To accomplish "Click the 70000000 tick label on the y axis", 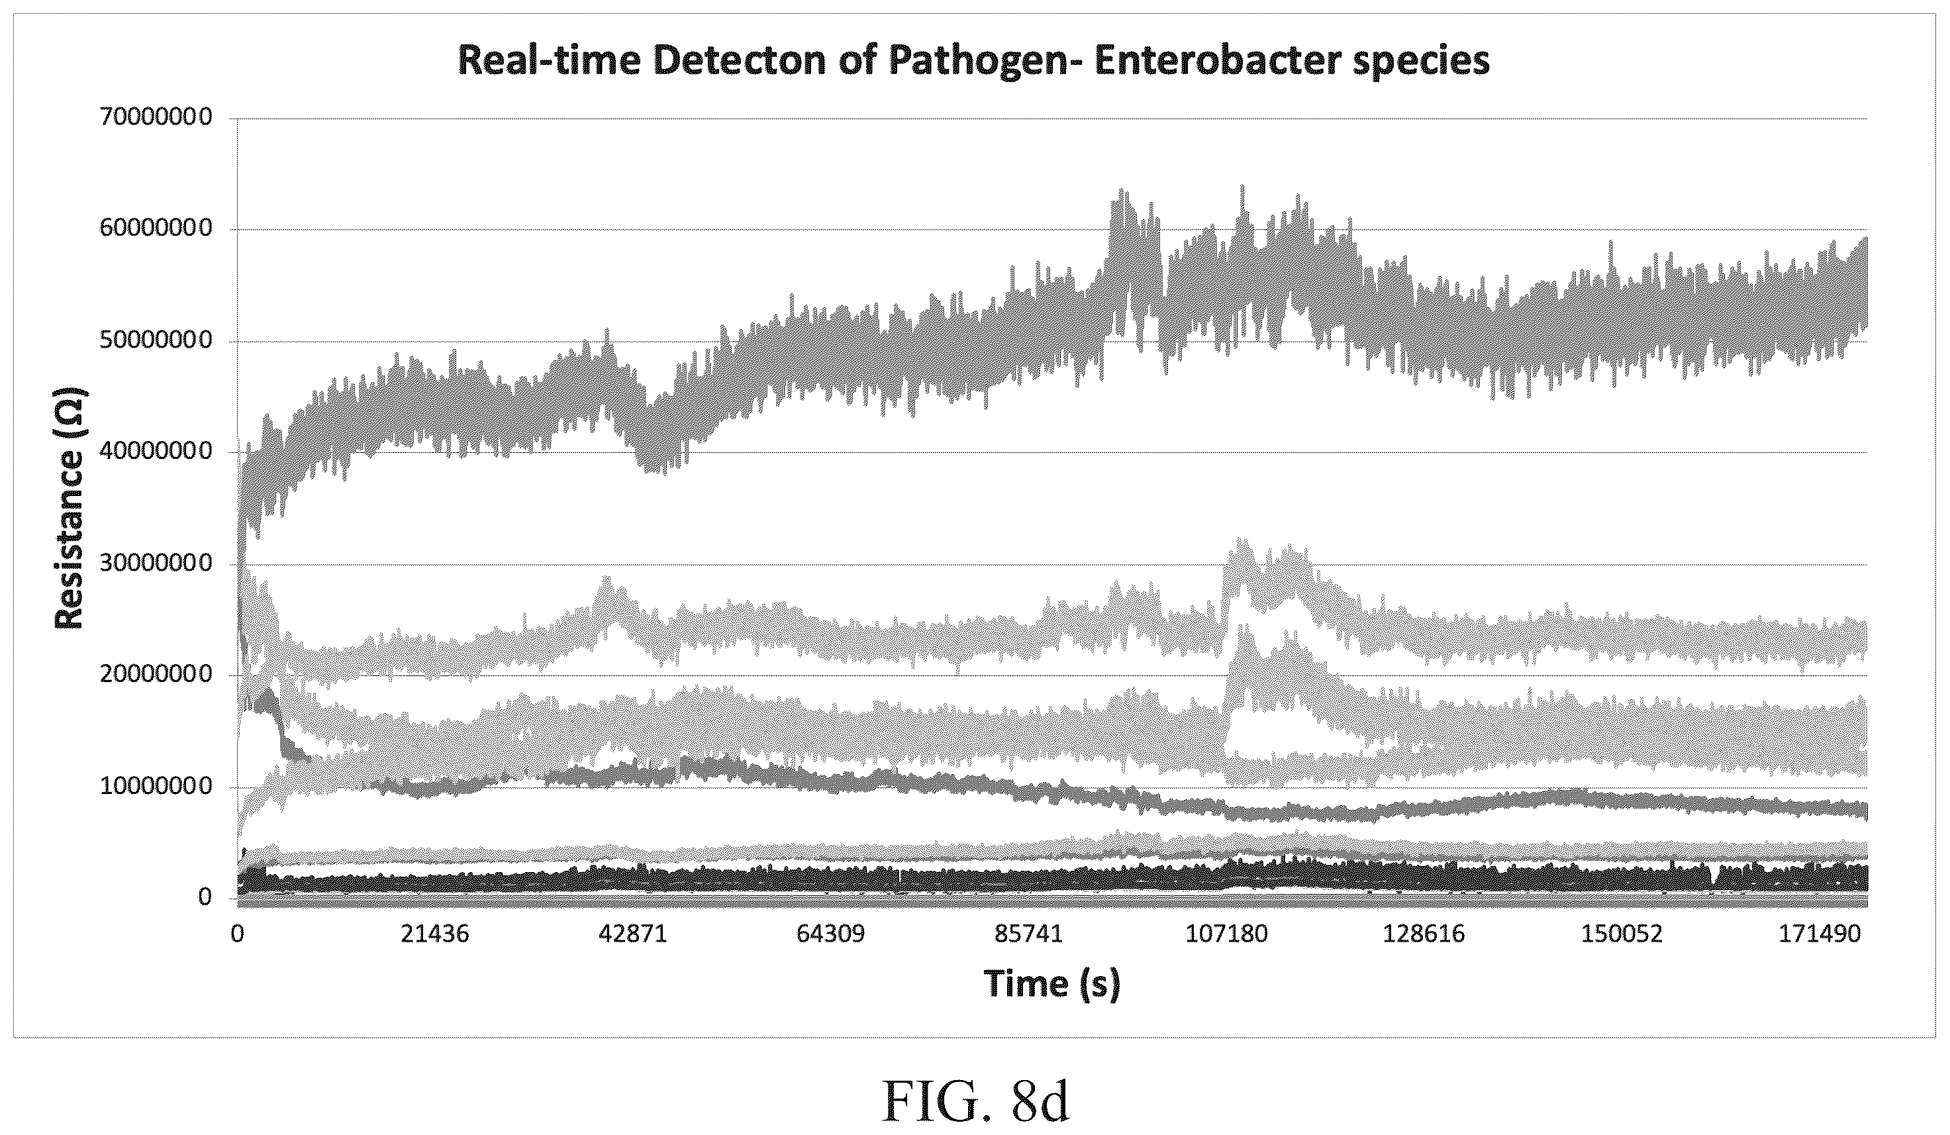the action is click(156, 119).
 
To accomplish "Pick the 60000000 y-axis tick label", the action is click(156, 230).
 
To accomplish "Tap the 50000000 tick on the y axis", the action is click(156, 341).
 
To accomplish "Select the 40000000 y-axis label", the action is click(156, 452).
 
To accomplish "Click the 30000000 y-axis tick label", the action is click(156, 564).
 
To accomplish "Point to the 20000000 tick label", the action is click(156, 675).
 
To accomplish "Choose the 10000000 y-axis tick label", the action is click(156, 787).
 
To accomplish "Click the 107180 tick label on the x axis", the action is click(1227, 934).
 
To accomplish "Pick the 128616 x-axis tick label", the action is click(1424, 934).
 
